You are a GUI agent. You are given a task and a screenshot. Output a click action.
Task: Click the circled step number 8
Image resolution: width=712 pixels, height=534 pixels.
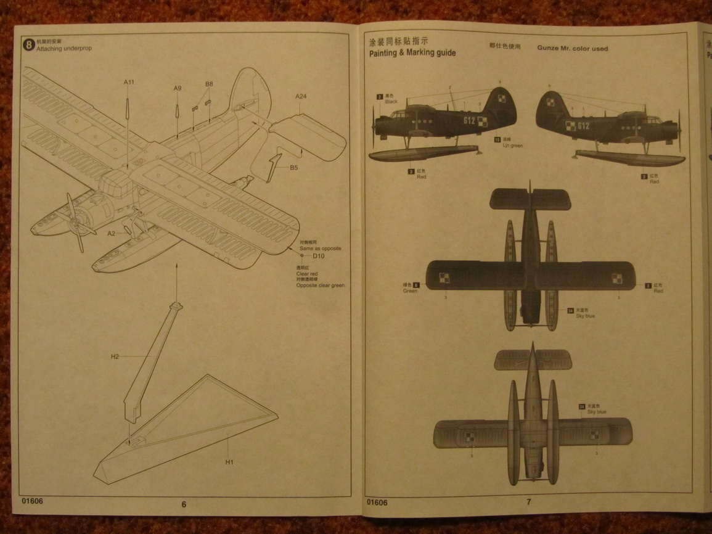coord(29,44)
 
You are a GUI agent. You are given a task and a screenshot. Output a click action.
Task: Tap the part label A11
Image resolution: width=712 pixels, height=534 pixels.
coord(128,82)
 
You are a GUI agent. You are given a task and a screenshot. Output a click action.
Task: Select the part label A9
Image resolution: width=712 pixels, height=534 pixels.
coord(177,88)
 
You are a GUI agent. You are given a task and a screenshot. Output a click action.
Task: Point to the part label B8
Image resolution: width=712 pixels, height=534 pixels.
coord(209,84)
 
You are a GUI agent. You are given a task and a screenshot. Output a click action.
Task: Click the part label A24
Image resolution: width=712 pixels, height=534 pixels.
coord(301,96)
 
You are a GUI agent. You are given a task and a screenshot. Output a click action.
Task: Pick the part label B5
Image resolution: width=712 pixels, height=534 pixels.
coord(294,167)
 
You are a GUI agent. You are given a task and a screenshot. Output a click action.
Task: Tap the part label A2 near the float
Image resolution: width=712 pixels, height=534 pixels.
coord(111,234)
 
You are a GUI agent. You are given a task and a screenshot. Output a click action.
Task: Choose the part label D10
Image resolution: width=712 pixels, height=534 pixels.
coord(318,256)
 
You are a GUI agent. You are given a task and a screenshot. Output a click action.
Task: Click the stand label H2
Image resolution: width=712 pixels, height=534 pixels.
coord(115,356)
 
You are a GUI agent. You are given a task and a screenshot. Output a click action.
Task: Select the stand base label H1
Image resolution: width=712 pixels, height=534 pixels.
coord(229,462)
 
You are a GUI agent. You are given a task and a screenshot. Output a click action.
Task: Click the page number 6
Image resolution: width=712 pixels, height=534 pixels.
coord(184,504)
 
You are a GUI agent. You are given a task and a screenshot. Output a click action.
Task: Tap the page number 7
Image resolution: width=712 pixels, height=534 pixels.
coord(528,502)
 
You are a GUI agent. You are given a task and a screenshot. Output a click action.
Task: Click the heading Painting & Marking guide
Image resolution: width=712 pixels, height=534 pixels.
coord(412,53)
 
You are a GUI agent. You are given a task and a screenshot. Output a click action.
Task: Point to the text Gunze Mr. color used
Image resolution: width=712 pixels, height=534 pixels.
coord(572,48)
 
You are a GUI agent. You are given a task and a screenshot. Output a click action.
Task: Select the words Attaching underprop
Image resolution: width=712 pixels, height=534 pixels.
coord(64,49)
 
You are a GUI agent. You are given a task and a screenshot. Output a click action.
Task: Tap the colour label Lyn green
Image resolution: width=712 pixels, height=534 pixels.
coord(512,146)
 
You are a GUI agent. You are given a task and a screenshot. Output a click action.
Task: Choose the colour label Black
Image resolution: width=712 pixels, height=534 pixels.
coord(391,102)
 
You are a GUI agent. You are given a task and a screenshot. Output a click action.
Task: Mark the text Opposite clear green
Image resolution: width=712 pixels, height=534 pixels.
coord(320,285)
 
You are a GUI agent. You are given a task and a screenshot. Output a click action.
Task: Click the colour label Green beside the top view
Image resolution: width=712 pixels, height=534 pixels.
coord(410,290)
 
